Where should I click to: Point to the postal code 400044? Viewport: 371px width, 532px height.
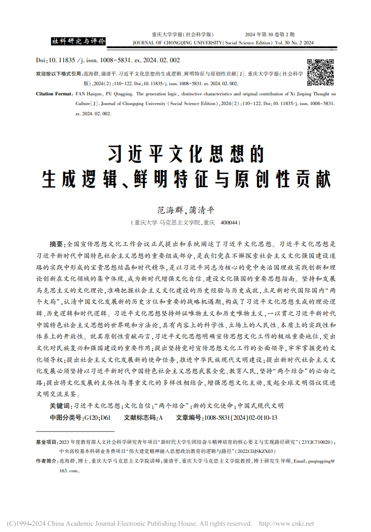tap(230, 223)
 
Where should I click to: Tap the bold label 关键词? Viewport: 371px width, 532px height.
tap(59, 406)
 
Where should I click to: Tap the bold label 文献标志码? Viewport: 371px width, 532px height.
tap(141, 417)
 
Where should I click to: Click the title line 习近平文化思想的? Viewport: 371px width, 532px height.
tap(185, 153)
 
